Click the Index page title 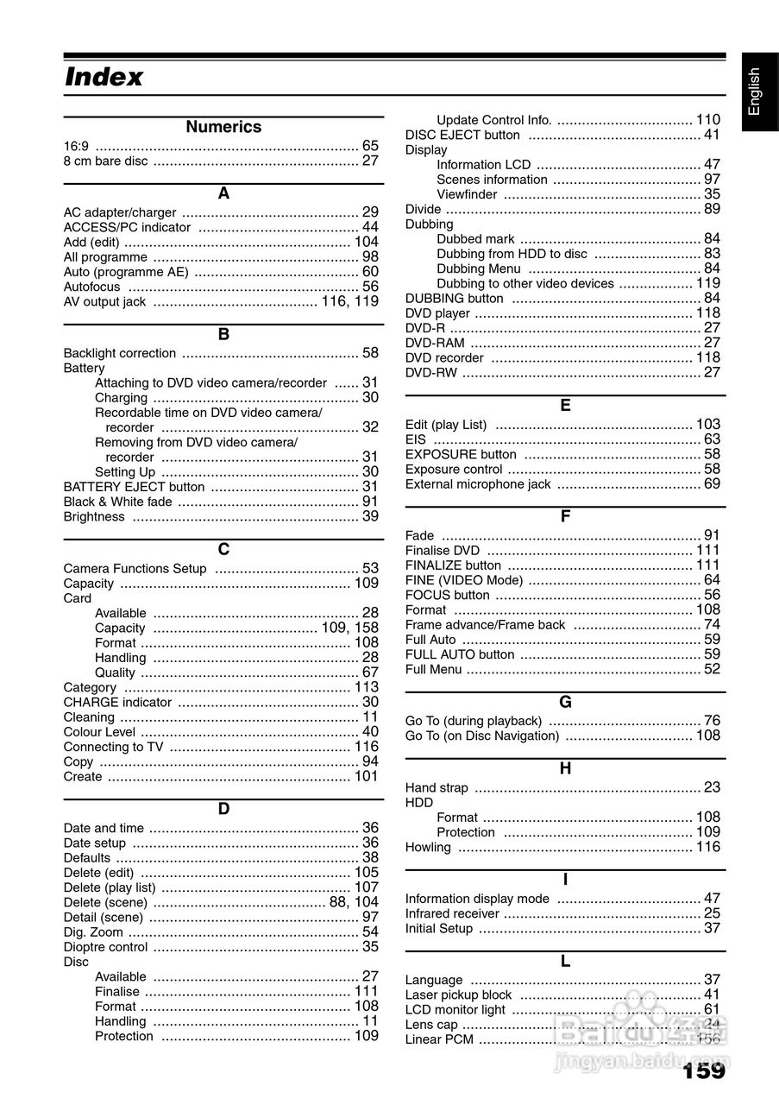tap(104, 78)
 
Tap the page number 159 tap(704, 1071)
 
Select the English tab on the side tap(755, 92)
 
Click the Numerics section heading tap(223, 127)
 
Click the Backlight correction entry tap(120, 353)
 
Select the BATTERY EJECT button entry tap(135, 487)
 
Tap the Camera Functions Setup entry tap(135, 569)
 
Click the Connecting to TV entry tap(113, 747)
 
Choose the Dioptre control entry tap(106, 947)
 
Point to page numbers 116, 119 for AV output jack tap(349, 301)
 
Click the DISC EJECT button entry tap(462, 135)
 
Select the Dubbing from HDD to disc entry tap(512, 254)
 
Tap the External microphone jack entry tap(478, 484)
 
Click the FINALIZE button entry tap(453, 565)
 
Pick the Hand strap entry tap(437, 788)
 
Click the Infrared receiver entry tap(452, 913)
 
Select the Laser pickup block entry tap(458, 995)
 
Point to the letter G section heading tap(565, 703)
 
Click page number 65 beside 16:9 tap(370, 146)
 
